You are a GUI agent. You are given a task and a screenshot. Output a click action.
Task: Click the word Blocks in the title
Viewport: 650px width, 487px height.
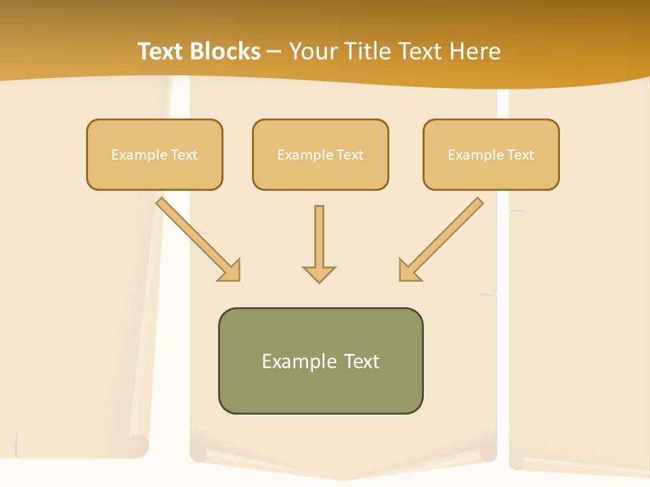tap(227, 51)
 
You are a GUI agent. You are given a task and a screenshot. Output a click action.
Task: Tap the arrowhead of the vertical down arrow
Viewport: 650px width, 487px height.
tap(319, 274)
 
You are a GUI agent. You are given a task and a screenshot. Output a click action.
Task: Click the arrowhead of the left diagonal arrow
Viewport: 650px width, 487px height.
tap(230, 271)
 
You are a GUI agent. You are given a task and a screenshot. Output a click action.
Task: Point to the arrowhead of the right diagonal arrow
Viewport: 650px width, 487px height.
tap(409, 271)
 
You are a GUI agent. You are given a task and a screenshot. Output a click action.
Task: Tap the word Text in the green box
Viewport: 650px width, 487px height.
tap(362, 361)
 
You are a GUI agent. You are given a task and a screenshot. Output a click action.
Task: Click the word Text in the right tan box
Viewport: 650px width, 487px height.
tap(520, 155)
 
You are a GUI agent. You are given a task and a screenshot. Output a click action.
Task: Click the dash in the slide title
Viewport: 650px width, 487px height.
tap(274, 52)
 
